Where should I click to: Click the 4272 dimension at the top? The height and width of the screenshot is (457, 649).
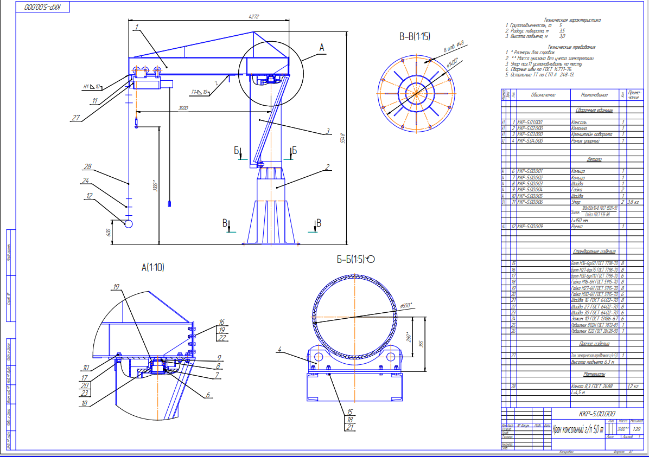pos(253,17)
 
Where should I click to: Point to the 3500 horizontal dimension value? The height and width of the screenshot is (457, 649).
pos(183,108)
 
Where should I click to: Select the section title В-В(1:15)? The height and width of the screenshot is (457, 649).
pos(415,37)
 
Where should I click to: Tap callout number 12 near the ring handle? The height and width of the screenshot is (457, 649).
pos(89,196)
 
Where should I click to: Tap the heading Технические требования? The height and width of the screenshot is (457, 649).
pos(571,47)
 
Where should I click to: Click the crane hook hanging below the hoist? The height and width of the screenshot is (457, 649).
pos(136,126)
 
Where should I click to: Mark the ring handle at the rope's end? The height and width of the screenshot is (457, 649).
pos(129,223)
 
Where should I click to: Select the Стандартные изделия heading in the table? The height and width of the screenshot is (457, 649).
pos(594,252)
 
